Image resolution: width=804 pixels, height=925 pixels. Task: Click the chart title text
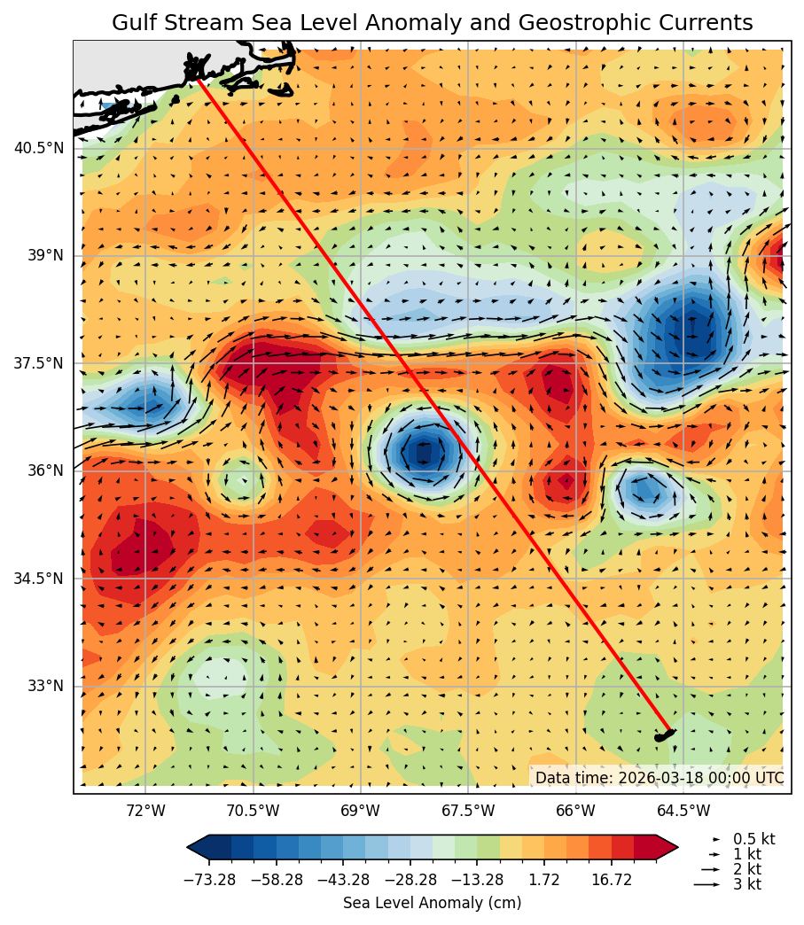[x=432, y=23]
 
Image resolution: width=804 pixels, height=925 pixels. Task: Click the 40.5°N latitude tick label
[x=39, y=148]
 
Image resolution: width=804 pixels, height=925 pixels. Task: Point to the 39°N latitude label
[x=44, y=255]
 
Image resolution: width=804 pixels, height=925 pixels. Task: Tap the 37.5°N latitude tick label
[x=39, y=363]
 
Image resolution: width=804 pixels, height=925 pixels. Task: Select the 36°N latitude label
[x=44, y=470]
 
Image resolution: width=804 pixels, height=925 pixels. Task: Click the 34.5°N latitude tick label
[x=39, y=579]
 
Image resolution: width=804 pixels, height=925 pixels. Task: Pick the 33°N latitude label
[x=44, y=686]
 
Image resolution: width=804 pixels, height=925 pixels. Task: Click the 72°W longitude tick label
[x=145, y=810]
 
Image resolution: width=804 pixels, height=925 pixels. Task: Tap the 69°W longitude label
[x=361, y=810]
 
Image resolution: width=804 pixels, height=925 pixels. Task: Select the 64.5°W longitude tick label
[x=683, y=810]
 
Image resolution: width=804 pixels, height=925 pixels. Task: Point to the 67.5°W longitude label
[x=468, y=810]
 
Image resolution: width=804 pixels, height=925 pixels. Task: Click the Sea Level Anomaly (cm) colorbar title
[x=432, y=903]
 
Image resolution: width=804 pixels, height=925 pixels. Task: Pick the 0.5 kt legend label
[x=753, y=839]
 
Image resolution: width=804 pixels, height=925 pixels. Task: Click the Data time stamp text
[x=659, y=778]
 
